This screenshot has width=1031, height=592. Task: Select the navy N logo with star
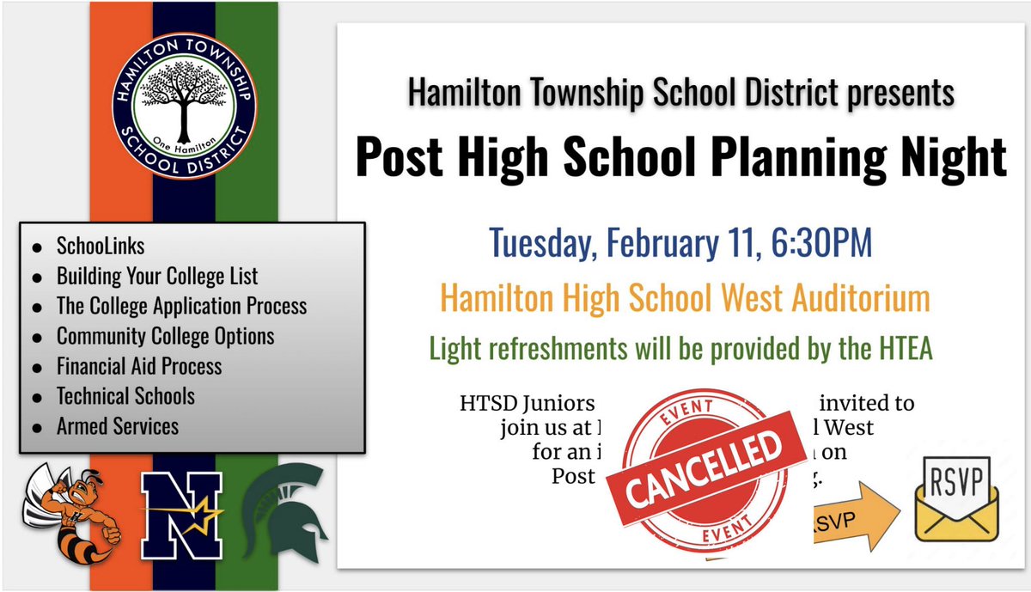click(182, 516)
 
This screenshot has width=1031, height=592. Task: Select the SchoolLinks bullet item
click(101, 247)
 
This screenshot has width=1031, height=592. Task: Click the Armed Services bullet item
click(118, 425)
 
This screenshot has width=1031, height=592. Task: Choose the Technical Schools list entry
click(125, 396)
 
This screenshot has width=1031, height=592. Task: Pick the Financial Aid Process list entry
click(139, 366)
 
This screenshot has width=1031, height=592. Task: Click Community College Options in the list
click(165, 336)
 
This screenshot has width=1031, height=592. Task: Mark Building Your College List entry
click(157, 277)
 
